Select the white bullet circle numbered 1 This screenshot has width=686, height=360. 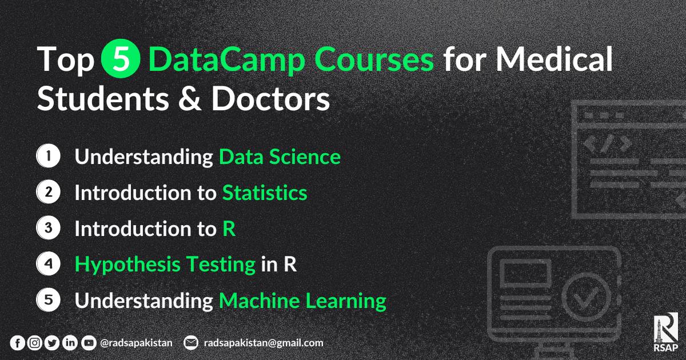[48, 157]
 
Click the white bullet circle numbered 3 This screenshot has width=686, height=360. [48, 229]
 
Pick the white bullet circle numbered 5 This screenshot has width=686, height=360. [48, 300]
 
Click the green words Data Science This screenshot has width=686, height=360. [280, 157]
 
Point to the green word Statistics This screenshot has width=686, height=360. [265, 193]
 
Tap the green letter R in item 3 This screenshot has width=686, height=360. [229, 229]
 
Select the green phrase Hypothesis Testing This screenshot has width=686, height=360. [165, 265]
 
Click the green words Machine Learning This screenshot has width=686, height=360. [302, 300]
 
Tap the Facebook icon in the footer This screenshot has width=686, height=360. [18, 343]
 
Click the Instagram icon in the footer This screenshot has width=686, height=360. [35, 343]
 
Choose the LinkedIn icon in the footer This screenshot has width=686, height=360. [70, 343]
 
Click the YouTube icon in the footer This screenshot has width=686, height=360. [88, 343]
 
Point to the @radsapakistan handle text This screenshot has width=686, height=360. [135, 343]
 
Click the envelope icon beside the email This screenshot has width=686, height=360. [191, 343]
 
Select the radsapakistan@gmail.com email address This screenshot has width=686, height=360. [263, 343]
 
